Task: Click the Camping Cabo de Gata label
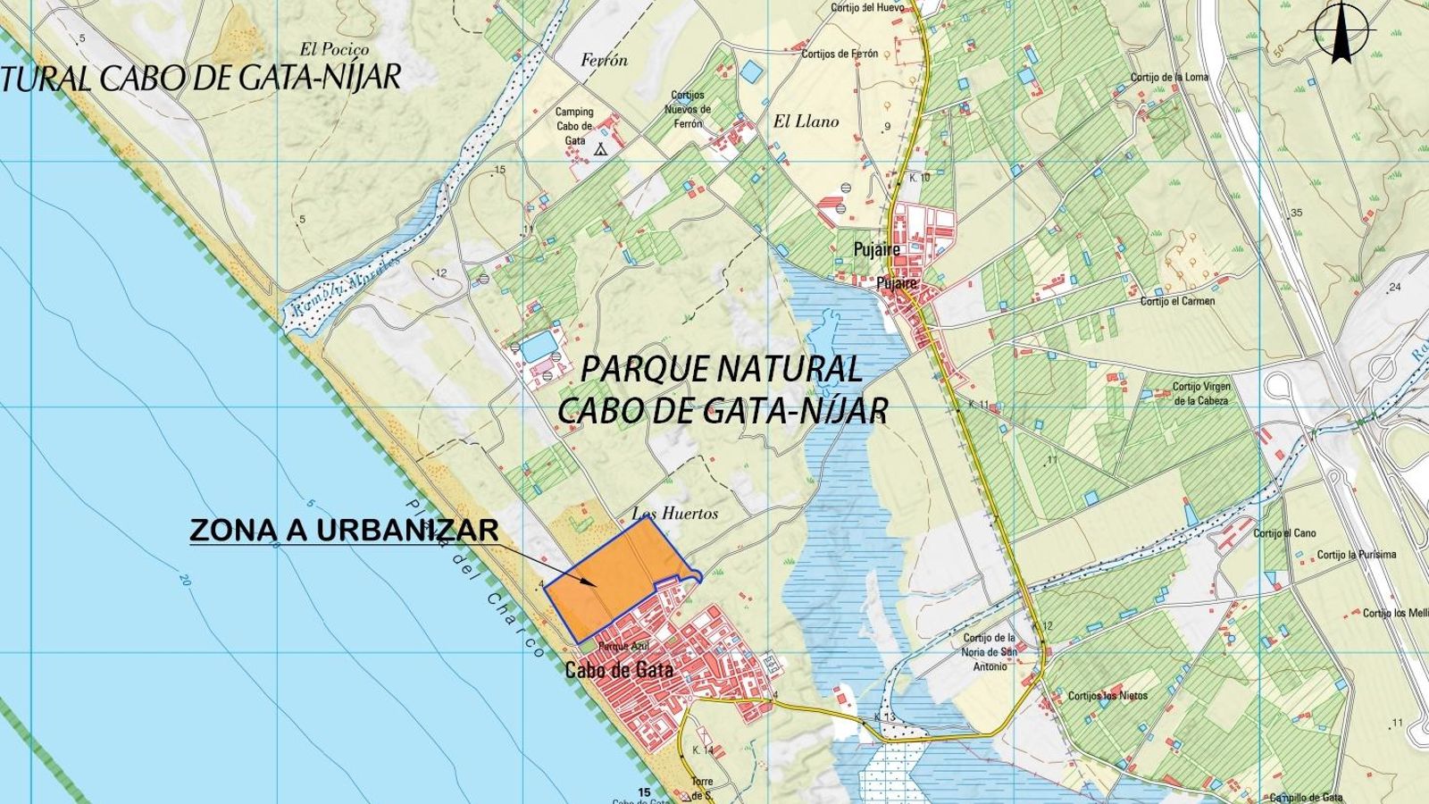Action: pyautogui.click(x=574, y=126)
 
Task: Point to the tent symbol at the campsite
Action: pyautogui.click(x=601, y=149)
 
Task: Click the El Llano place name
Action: pyautogui.click(x=806, y=121)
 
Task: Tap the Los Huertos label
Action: pyautogui.click(x=674, y=514)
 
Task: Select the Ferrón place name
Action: pyautogui.click(x=604, y=61)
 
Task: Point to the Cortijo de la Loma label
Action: pyautogui.click(x=1168, y=78)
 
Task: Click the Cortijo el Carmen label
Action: pyautogui.click(x=1177, y=301)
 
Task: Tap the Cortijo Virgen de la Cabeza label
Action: pyautogui.click(x=1201, y=394)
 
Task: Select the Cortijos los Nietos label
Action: pyautogui.click(x=1107, y=696)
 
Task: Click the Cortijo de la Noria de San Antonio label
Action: pyautogui.click(x=990, y=652)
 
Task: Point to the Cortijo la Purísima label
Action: pyautogui.click(x=1354, y=555)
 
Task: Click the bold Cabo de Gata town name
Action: pyautogui.click(x=619, y=670)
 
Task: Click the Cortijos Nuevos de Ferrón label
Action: pyautogui.click(x=688, y=109)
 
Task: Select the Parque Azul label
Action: pyautogui.click(x=622, y=647)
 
